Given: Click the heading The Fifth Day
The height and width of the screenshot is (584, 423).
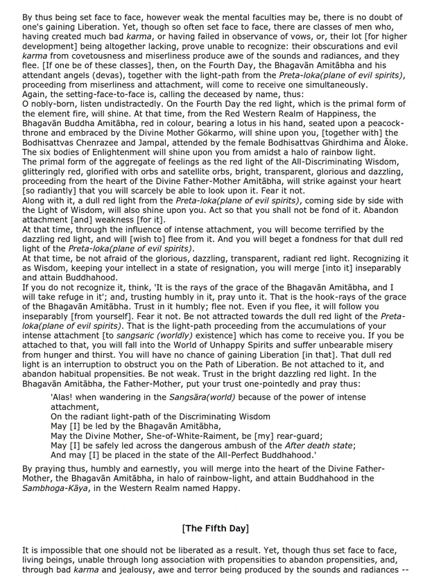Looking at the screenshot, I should coord(215,528).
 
